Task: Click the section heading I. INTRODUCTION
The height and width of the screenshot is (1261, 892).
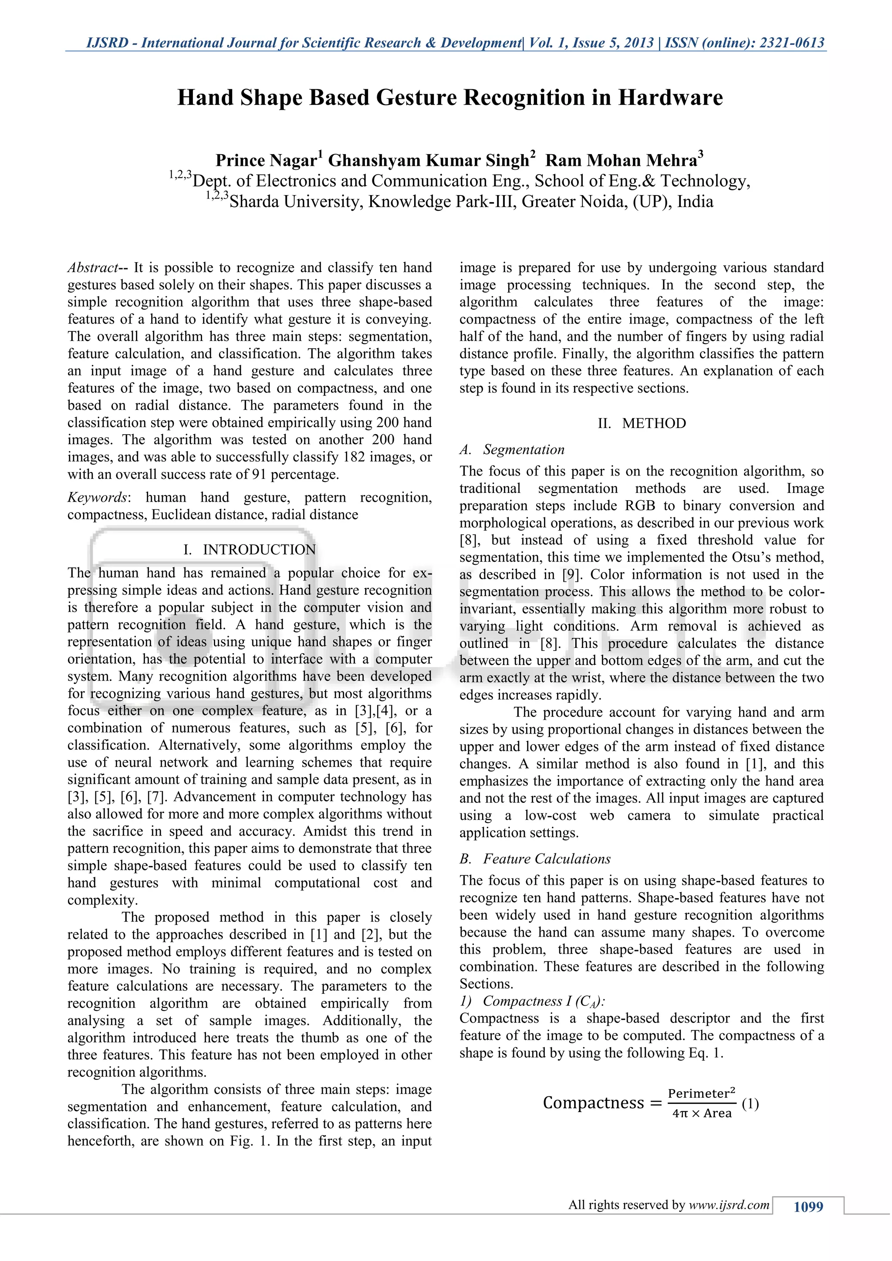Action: (x=250, y=550)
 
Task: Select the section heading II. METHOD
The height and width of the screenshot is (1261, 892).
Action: (x=642, y=423)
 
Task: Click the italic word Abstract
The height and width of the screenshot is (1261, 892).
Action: (x=92, y=268)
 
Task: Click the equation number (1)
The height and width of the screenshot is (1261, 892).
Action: (x=750, y=1103)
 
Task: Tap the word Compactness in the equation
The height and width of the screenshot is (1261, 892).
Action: (x=593, y=1103)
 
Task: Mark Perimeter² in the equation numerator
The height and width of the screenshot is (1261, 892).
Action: (x=701, y=1093)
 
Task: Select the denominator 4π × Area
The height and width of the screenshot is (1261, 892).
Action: (x=701, y=1113)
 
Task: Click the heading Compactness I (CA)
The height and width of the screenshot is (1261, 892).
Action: (x=532, y=1001)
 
